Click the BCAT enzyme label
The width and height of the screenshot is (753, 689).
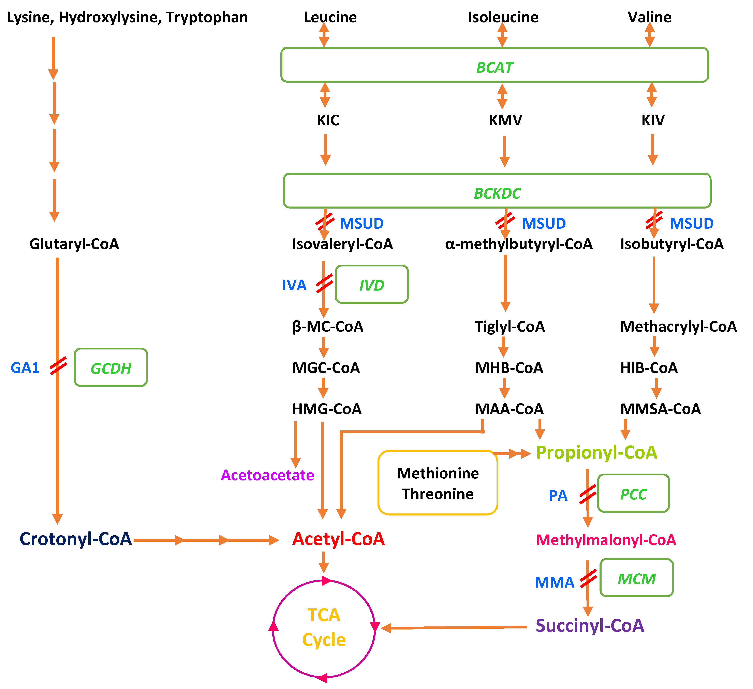coord(494,67)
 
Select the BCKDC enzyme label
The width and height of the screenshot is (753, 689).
coord(497,193)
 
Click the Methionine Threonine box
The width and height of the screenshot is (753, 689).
coord(438,483)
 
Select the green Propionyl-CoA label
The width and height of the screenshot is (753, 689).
coord(596,453)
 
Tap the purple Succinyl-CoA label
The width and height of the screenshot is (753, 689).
coord(590,626)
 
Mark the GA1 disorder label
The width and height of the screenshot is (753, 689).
coord(25,368)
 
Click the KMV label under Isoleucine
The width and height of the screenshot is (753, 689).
coord(505,120)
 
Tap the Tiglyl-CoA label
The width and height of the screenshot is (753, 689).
coord(510,326)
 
